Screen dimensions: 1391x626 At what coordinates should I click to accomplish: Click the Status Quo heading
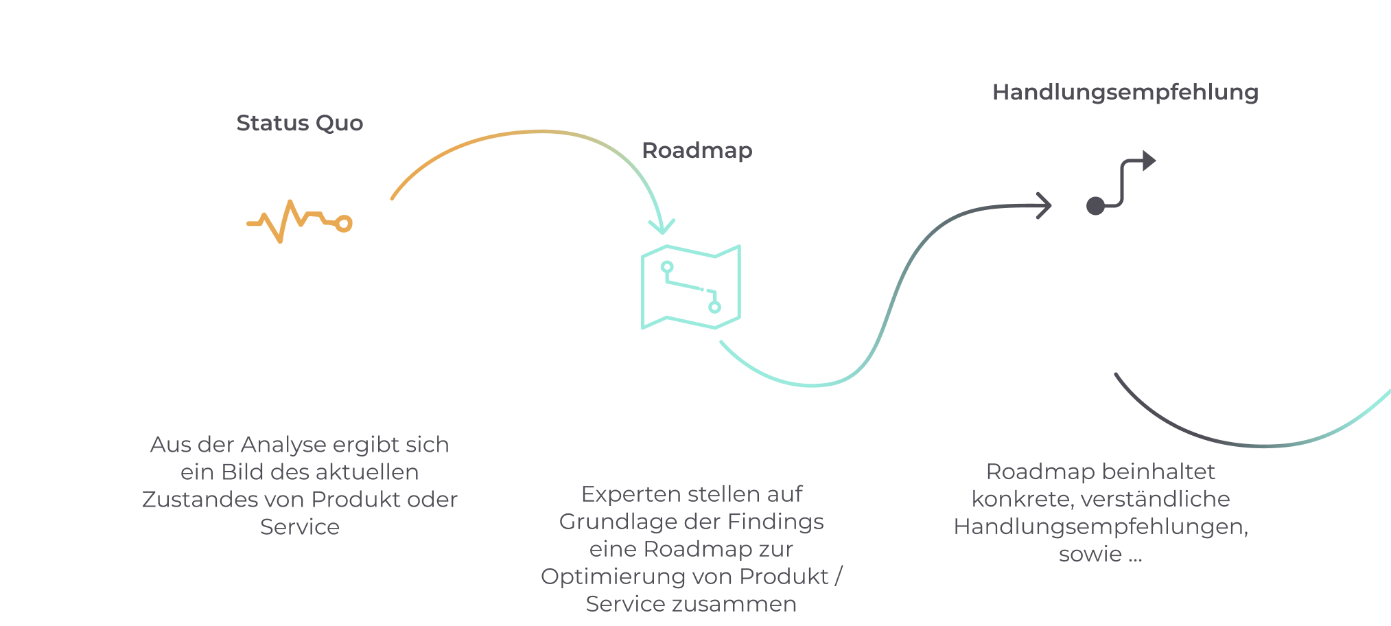point(300,124)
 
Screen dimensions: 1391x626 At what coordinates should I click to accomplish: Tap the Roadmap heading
point(697,151)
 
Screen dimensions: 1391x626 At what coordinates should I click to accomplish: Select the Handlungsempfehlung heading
point(1125,93)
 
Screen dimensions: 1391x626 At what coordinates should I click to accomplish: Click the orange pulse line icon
point(300,221)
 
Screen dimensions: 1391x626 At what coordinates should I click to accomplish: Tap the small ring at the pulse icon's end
point(344,224)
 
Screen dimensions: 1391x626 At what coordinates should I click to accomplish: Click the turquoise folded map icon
point(691,287)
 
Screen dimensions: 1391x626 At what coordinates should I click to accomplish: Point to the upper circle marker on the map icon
point(667,267)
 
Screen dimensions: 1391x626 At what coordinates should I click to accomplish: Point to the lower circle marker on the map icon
point(715,307)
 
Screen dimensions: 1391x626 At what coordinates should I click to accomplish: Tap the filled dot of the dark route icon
point(1096,205)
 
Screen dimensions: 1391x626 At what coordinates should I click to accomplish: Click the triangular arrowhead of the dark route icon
point(1149,161)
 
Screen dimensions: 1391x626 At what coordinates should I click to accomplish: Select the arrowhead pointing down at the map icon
point(662,227)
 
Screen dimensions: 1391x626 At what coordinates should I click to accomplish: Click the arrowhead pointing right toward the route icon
point(1044,205)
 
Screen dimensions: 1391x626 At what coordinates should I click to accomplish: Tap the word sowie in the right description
point(1090,555)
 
